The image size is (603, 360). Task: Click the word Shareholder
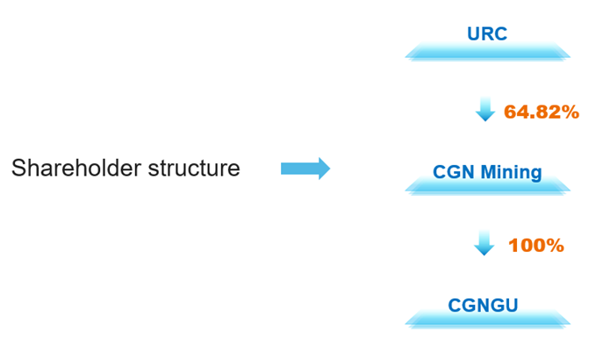[x=71, y=168]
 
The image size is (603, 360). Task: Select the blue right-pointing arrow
[x=305, y=168]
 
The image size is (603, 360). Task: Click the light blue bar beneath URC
[x=487, y=53]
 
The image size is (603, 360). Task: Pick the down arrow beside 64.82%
[x=485, y=110]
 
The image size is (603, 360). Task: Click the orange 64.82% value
[x=541, y=112]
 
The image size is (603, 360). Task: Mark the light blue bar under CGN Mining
[x=487, y=188]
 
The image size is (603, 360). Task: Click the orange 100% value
[x=535, y=246]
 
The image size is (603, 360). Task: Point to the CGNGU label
[x=484, y=306]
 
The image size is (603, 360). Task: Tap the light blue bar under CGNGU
[x=487, y=320]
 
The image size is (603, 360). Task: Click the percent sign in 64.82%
[x=570, y=112]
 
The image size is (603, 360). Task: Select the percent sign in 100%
[x=554, y=246]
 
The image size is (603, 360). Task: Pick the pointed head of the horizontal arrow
[x=324, y=168]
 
